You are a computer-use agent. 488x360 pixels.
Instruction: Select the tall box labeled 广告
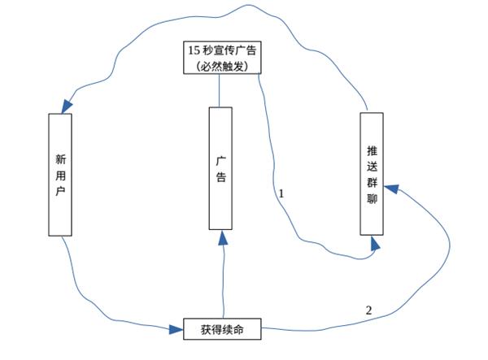(x=220, y=168)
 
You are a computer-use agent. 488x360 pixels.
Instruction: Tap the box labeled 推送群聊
(x=372, y=174)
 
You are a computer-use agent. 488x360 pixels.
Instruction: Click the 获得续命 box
(x=223, y=329)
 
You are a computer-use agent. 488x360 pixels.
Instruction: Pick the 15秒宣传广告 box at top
(x=222, y=57)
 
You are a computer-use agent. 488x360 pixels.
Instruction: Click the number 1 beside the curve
(x=281, y=194)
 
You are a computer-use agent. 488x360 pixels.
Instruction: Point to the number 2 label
(x=368, y=310)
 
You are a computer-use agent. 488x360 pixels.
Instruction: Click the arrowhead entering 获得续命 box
(x=177, y=329)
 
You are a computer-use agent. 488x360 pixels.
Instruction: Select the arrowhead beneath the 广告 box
(x=223, y=236)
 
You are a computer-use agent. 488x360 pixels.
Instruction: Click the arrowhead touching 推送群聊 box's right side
(x=390, y=189)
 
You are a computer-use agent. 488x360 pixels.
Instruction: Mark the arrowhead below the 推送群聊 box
(x=373, y=245)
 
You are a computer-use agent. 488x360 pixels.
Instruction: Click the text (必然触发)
(x=222, y=64)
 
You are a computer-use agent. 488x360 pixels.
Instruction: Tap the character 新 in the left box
(x=61, y=158)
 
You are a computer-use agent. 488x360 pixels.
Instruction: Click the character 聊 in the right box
(x=372, y=198)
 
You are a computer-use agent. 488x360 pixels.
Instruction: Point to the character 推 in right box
(x=372, y=150)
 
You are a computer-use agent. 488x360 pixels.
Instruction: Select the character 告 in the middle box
(x=220, y=177)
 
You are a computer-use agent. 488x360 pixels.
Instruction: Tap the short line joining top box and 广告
(x=220, y=90)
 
